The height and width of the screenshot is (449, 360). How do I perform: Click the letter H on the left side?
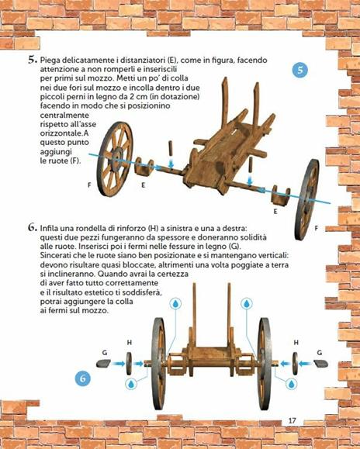[129, 342]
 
